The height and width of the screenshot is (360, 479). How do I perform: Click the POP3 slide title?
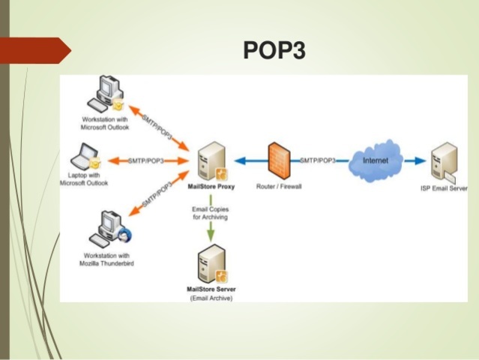point(274,50)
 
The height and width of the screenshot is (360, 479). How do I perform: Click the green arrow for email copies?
point(209,231)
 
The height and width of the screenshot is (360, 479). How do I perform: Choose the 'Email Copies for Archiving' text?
point(209,211)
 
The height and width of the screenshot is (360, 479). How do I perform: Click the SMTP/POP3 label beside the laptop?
point(146,160)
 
